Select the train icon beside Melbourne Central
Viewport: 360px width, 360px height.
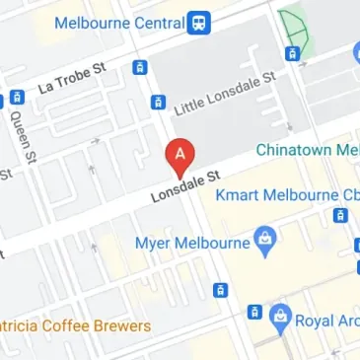click(x=200, y=21)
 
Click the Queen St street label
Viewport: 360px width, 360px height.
click(x=22, y=136)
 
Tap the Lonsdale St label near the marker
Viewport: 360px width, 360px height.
click(x=183, y=183)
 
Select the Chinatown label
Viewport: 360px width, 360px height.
click(x=306, y=150)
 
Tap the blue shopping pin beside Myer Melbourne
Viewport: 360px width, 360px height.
click(x=264, y=240)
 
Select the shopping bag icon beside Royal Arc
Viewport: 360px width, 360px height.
click(x=281, y=315)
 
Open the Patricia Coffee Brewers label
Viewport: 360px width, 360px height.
click(x=75, y=325)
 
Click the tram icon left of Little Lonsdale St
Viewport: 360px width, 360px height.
click(x=157, y=102)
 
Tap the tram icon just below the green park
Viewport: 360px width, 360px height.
click(x=292, y=53)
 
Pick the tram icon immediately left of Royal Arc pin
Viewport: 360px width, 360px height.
click(x=254, y=312)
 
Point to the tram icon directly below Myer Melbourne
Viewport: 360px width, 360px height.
click(x=220, y=290)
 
